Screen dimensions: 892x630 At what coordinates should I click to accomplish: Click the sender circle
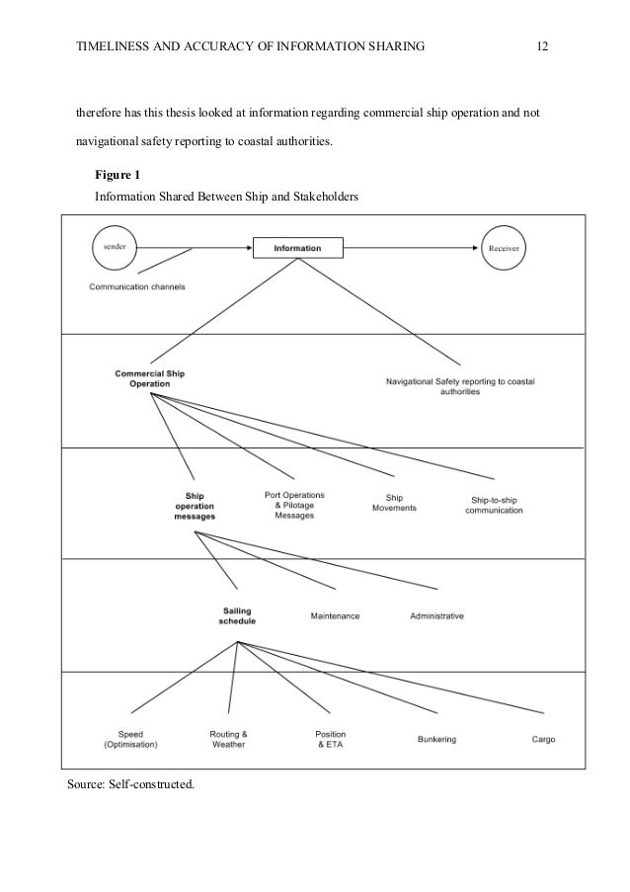pos(116,247)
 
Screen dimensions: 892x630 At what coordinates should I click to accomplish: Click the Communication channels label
pos(137,287)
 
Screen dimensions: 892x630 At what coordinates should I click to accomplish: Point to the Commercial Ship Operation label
pos(150,380)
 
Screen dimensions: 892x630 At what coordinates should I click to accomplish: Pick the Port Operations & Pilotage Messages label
pos(294,505)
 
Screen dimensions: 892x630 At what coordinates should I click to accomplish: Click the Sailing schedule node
pos(237,616)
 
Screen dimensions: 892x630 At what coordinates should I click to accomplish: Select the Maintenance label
pos(335,616)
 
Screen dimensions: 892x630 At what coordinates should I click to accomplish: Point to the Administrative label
pos(436,616)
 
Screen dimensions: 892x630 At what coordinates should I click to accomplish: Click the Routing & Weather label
pos(228,740)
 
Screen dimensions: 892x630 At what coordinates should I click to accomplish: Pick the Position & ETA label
pos(331,740)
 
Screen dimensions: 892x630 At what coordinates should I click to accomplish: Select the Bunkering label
pos(436,740)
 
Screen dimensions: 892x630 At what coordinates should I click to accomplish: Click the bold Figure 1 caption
pos(117,176)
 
